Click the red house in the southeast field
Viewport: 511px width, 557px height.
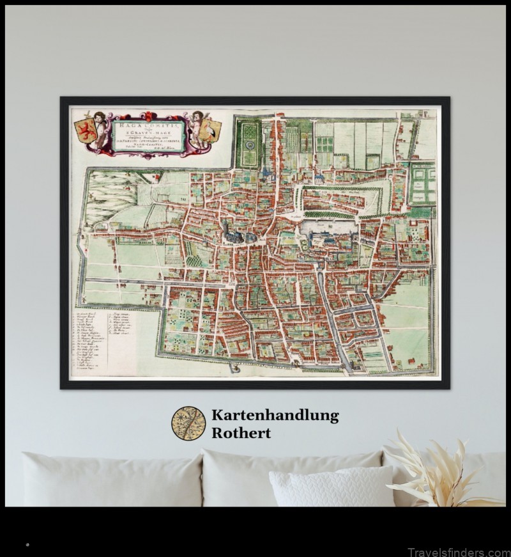tap(413, 363)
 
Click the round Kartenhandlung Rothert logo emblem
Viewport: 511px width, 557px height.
tap(188, 423)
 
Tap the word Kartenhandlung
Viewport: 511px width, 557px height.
tap(275, 416)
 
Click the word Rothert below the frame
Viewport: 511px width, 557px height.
tap(241, 433)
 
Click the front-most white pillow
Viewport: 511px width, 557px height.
tap(331, 486)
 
